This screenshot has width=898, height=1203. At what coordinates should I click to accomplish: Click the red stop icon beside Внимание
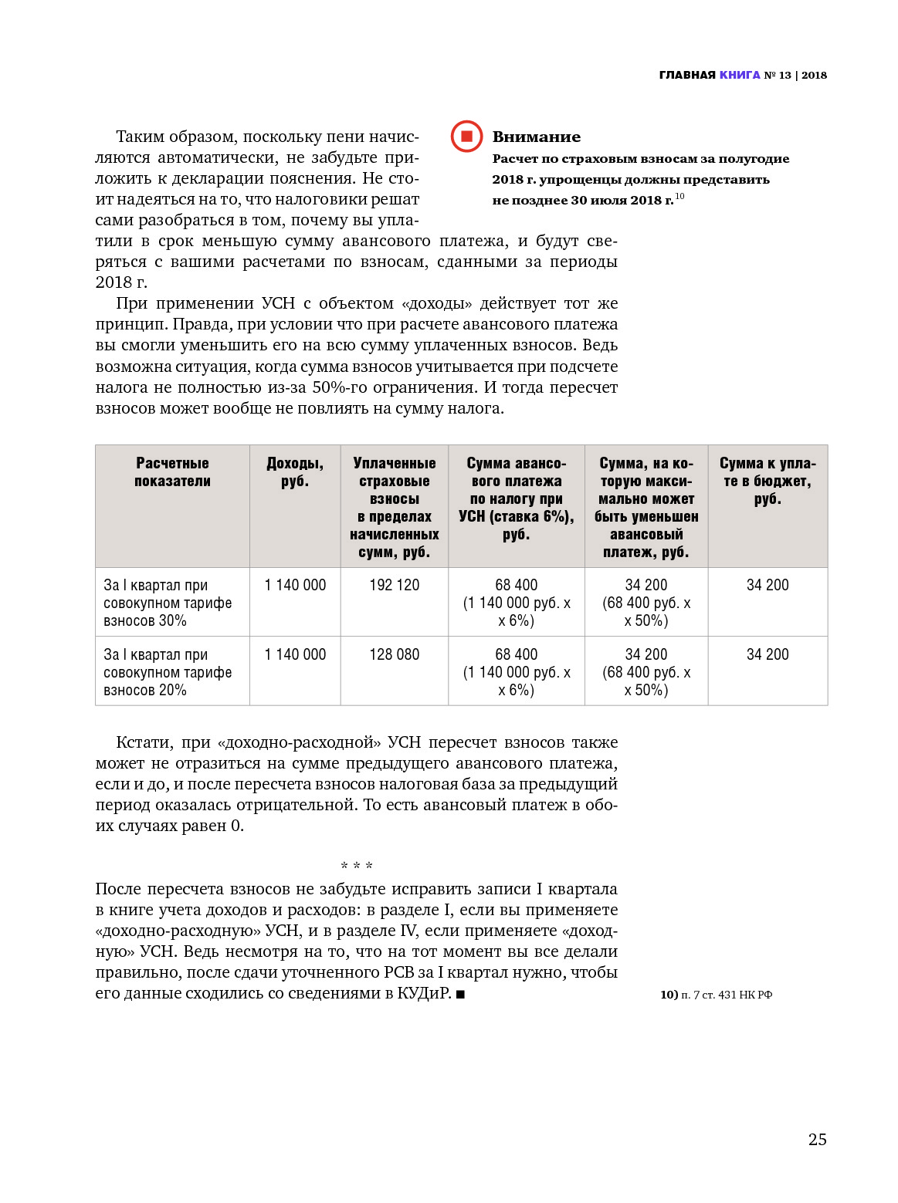tap(466, 137)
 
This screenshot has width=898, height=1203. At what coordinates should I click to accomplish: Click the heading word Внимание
tap(536, 137)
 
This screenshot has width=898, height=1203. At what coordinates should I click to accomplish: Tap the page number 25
tap(817, 1139)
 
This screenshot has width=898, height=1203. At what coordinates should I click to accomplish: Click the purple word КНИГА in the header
tap(740, 75)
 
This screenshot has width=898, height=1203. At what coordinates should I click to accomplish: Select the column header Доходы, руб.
tap(295, 472)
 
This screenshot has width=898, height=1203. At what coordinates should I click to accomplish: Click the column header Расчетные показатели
tap(172, 472)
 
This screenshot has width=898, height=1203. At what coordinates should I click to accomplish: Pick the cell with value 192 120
tap(394, 585)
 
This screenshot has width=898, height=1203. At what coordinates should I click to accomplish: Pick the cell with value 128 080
tap(394, 654)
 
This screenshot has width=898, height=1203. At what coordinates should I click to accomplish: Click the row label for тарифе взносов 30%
tap(168, 603)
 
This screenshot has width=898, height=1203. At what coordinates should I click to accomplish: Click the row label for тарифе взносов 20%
tap(168, 672)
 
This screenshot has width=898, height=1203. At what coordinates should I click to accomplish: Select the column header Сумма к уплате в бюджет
tap(768, 481)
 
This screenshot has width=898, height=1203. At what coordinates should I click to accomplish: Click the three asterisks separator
tap(357, 866)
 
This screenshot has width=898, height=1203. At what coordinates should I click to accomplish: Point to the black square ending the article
tap(460, 995)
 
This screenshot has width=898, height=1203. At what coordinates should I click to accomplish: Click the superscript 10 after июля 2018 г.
tap(679, 196)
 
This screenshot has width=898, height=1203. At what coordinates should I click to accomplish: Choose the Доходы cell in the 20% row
tap(295, 654)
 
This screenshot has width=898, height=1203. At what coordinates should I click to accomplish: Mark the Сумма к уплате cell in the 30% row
tap(768, 585)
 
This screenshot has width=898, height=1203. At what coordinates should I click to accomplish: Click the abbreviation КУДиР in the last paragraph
tap(424, 993)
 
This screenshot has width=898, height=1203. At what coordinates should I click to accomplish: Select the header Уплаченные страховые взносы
tap(394, 507)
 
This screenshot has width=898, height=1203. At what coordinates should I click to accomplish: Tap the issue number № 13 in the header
tap(778, 75)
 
